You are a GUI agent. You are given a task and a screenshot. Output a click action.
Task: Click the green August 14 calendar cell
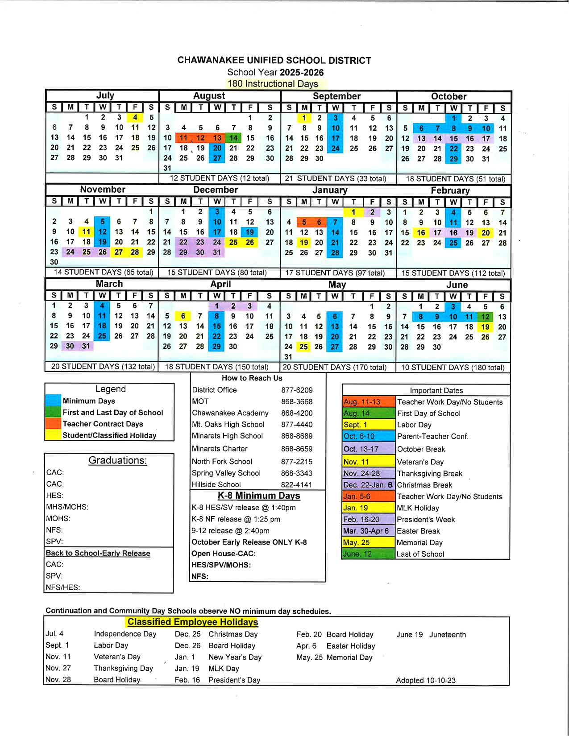(233, 138)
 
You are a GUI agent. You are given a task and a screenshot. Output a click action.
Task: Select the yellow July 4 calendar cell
(135, 117)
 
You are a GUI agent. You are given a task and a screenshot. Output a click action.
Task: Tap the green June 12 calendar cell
(485, 317)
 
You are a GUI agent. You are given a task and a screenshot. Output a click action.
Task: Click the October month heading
(449, 96)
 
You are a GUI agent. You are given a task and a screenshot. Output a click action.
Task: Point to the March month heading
(109, 284)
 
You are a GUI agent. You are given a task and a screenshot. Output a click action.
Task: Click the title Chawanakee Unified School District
(274, 60)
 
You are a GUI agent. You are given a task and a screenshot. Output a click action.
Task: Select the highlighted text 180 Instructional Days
(273, 84)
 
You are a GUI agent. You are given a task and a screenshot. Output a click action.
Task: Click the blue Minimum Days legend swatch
(53, 400)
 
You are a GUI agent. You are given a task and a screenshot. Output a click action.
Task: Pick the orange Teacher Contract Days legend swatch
(53, 423)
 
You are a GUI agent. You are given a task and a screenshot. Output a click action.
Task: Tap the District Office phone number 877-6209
(297, 390)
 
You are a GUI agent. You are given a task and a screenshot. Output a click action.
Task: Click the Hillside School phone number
(297, 484)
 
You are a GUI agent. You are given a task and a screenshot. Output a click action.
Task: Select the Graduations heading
(118, 460)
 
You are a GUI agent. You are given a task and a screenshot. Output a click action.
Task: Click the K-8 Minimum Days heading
(259, 496)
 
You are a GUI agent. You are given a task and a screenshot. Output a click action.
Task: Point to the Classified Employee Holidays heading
(193, 622)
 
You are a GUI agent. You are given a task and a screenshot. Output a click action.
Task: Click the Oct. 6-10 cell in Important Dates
(368, 436)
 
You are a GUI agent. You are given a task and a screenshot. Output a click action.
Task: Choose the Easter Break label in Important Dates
(418, 531)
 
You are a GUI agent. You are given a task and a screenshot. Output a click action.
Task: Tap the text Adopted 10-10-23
(426, 680)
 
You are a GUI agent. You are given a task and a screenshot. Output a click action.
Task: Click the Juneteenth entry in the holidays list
(448, 634)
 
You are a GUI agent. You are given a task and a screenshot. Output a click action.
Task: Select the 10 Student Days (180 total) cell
(453, 368)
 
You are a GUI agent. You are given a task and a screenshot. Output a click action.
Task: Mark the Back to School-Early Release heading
(98, 553)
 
